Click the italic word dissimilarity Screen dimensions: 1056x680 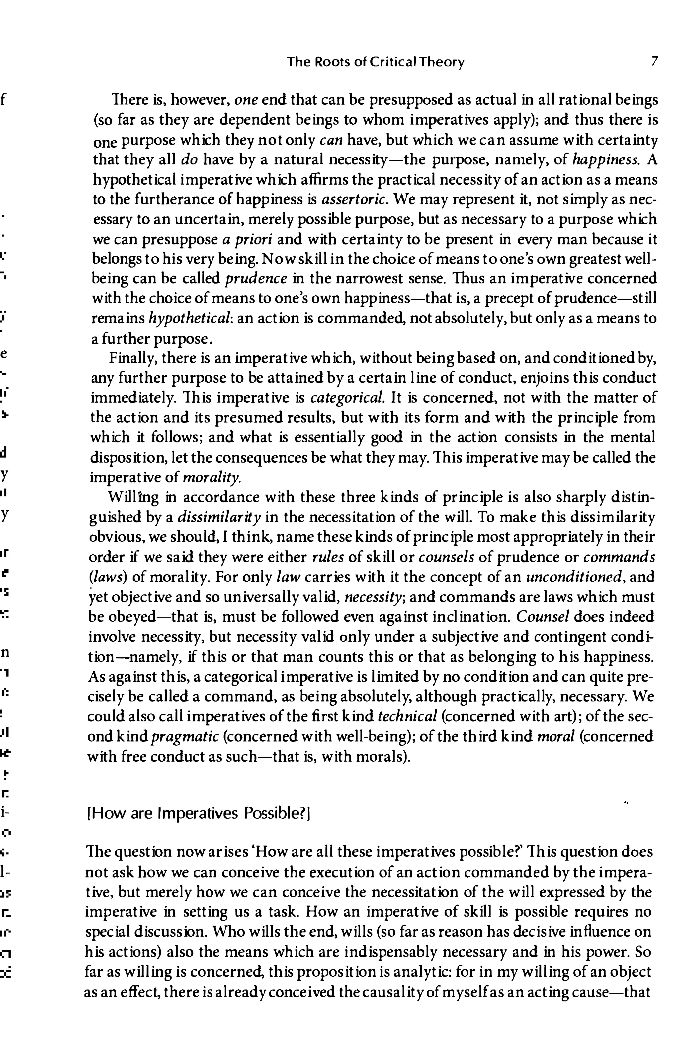tap(220, 517)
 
